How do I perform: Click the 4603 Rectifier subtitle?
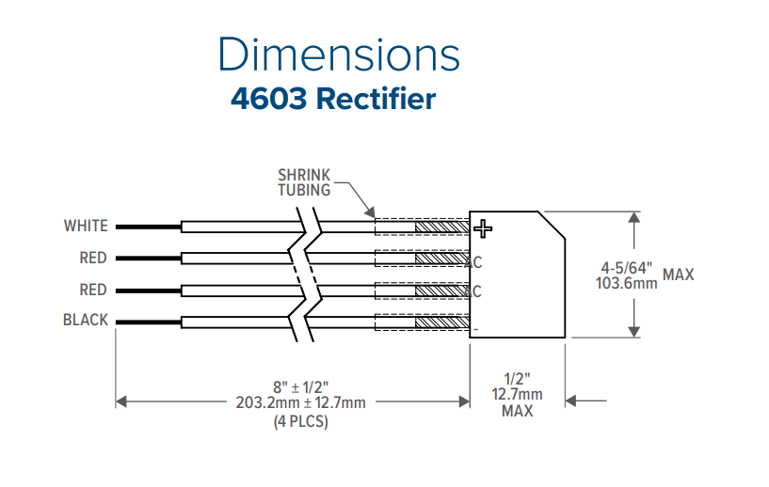[333, 99]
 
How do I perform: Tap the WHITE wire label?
[86, 226]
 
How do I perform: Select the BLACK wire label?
[86, 321]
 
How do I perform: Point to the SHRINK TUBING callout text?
[304, 182]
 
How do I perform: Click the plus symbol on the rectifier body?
[483, 228]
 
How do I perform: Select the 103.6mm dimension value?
[627, 282]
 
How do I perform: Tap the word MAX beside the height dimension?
[679, 275]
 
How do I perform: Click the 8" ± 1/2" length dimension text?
[300, 386]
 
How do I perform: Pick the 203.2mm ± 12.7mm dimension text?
[300, 402]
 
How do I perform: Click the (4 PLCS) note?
[300, 420]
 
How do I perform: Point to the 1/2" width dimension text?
[518, 379]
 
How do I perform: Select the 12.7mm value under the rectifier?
[518, 395]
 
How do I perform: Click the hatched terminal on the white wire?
[441, 227]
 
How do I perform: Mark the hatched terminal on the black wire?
[441, 322]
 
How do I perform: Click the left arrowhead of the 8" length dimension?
[120, 401]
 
